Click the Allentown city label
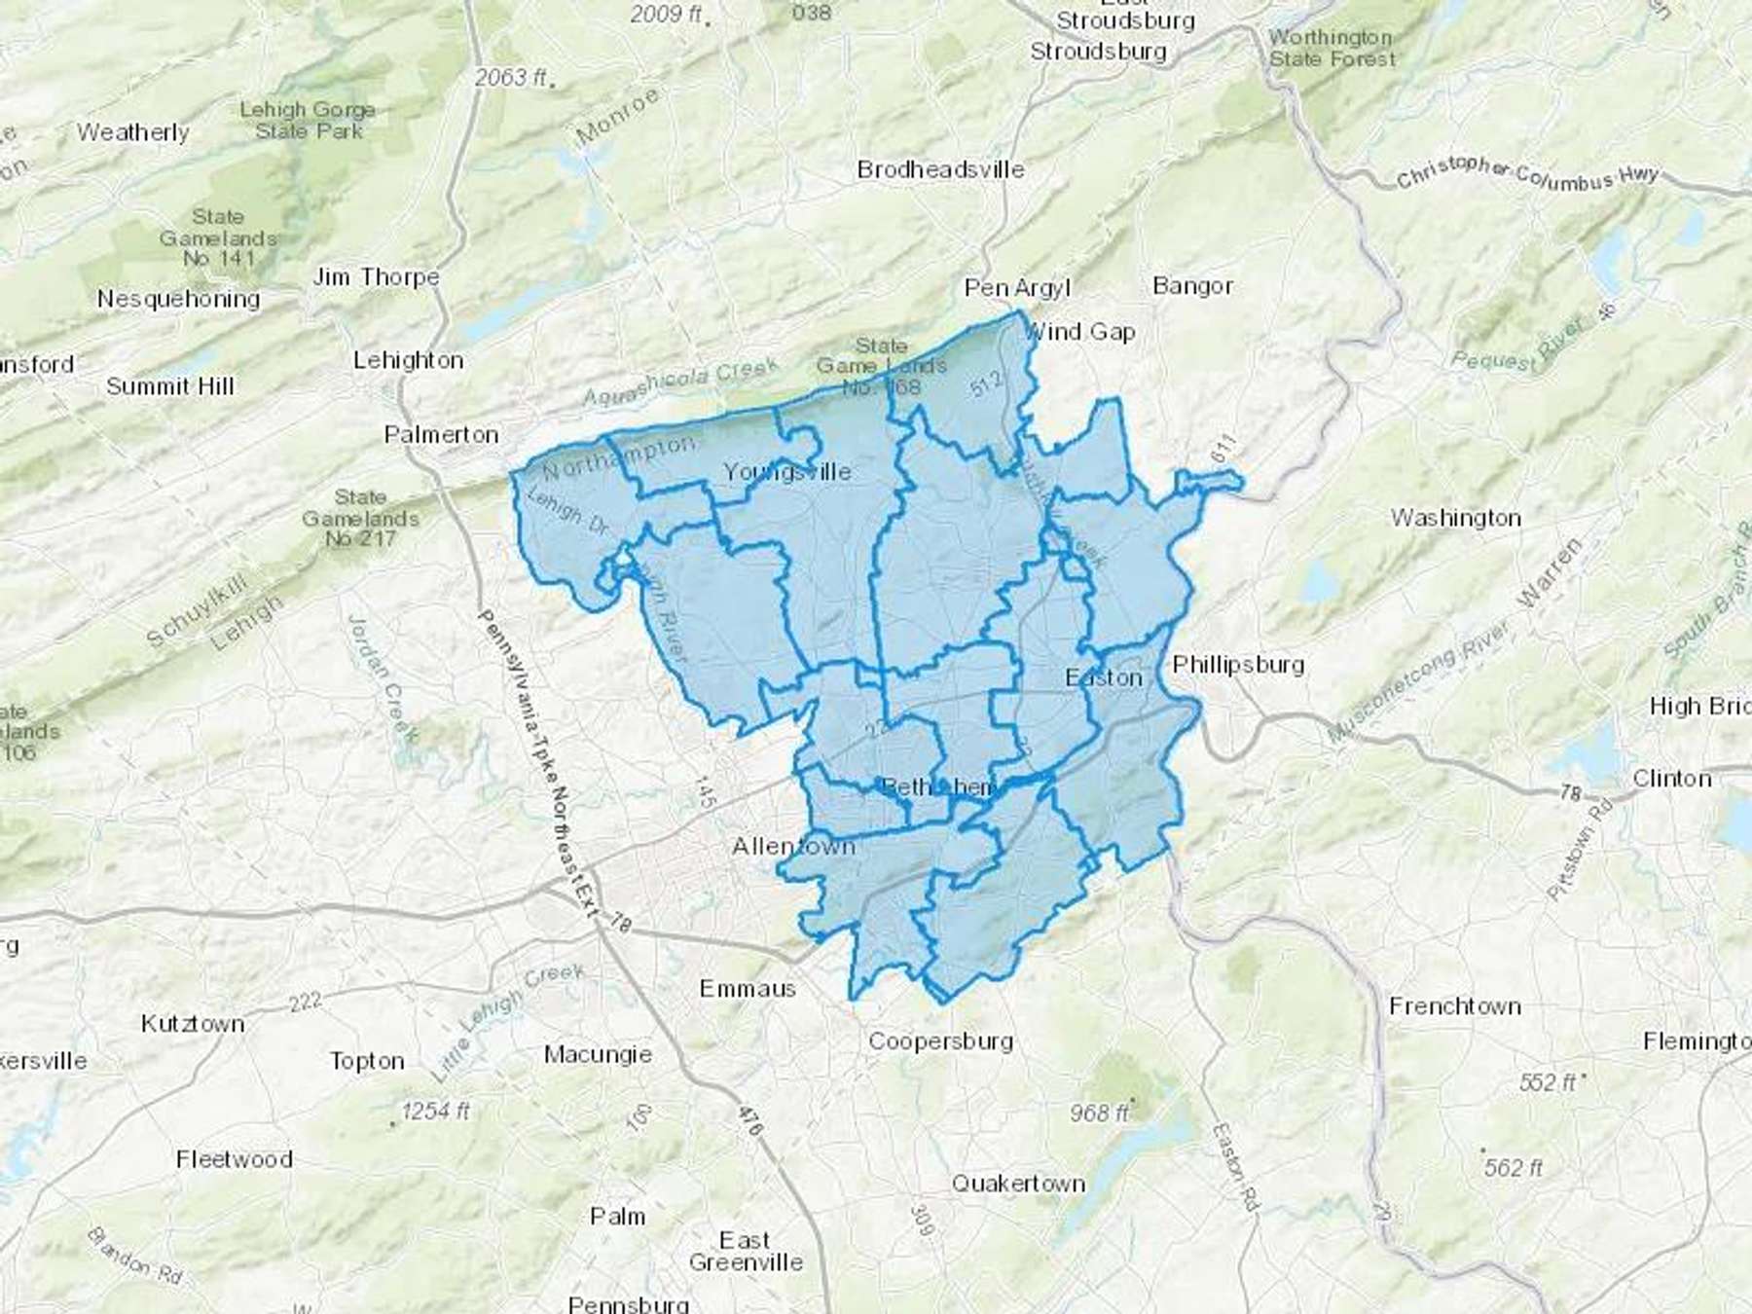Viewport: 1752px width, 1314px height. [793, 847]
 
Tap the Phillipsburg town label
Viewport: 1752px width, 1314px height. [1238, 665]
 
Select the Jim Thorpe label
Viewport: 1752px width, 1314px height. [376, 277]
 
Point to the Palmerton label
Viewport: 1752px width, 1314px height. [441, 435]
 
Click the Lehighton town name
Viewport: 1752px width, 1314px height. [408, 360]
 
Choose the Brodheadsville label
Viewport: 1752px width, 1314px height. [940, 169]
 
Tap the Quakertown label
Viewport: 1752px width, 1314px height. [1018, 1184]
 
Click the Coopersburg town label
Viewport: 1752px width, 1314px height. [940, 1041]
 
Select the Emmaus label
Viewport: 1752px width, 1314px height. [748, 989]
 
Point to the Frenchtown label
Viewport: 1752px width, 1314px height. [1454, 1006]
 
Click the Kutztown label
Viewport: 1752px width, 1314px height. [193, 1024]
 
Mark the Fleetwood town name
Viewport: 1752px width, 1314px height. [234, 1159]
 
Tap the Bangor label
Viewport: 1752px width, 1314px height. [1192, 286]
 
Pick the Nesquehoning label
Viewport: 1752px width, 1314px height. [178, 299]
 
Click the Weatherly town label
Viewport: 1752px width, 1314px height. [132, 132]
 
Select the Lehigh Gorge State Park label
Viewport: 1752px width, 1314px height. [308, 121]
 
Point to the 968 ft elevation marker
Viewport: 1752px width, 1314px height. [1098, 1112]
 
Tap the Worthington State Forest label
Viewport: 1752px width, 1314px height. [1331, 49]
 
